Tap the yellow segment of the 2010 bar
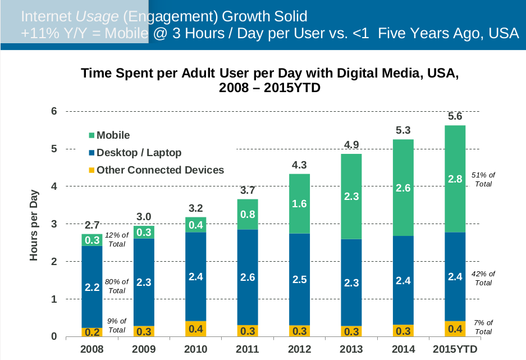[x=195, y=329]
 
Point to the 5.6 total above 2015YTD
[x=455, y=116]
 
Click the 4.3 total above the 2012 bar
[x=299, y=166]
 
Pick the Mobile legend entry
[x=113, y=135]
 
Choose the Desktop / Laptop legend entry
[x=139, y=152]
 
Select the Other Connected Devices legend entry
[x=160, y=170]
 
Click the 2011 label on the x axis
[x=248, y=350]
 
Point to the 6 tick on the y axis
[x=54, y=111]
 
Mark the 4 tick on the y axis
[x=54, y=186]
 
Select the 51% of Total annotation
[x=483, y=179]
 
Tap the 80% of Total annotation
[x=117, y=286]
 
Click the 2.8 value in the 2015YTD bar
[x=455, y=179]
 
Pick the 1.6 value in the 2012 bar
[x=299, y=204]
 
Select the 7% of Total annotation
[x=483, y=327]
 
